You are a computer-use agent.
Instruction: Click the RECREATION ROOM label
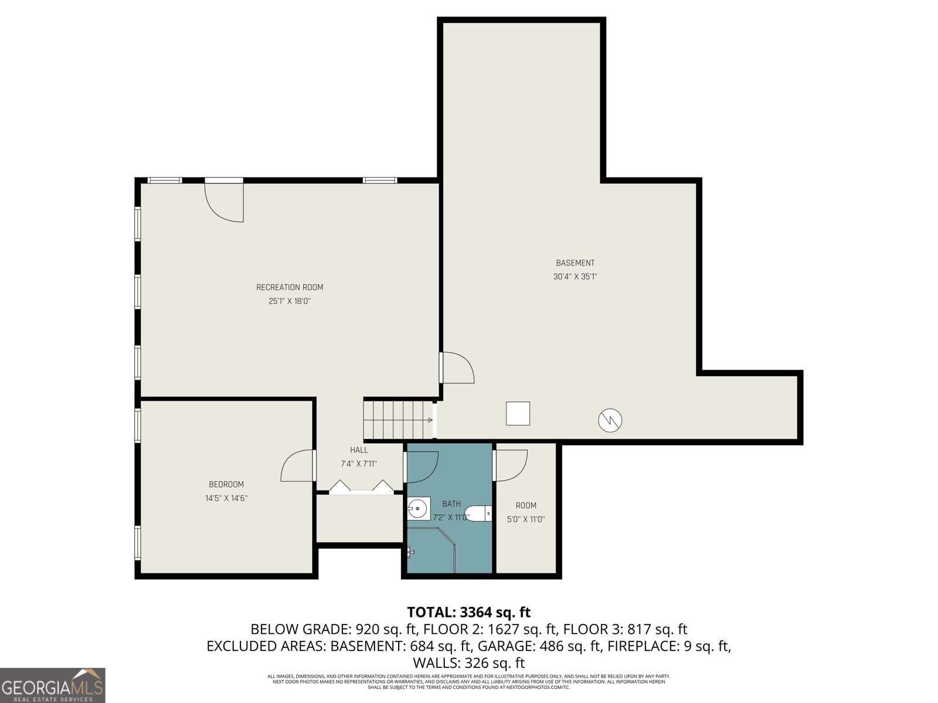pos(290,287)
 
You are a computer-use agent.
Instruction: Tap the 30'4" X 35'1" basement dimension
pos(575,277)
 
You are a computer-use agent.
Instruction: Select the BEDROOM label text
pos(226,484)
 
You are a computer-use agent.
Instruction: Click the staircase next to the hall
pos(397,419)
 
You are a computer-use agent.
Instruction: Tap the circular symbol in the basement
pos(610,420)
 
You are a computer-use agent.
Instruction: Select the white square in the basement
pos(518,413)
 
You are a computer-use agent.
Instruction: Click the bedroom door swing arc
pos(297,466)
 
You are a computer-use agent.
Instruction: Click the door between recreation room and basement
pos(457,368)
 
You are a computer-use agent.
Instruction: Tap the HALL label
pos(359,450)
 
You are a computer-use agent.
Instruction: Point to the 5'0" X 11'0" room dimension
pos(526,519)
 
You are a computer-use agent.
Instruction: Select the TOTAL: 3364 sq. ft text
pos(468,612)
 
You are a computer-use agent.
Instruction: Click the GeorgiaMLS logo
pos(53,685)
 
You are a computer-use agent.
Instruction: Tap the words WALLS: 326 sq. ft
pos(468,663)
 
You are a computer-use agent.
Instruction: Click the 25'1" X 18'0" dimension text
pos(290,301)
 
